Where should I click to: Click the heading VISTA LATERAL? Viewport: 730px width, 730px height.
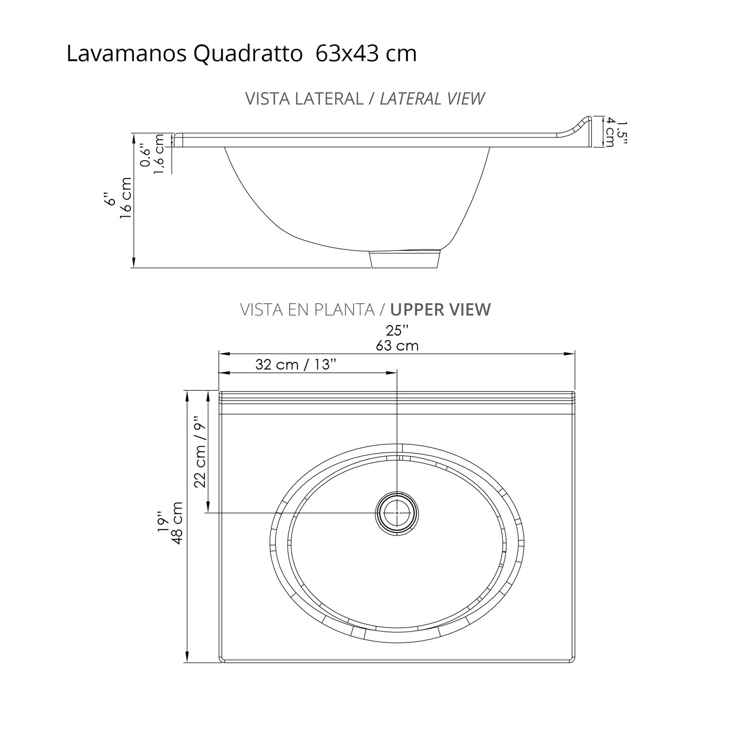pyautogui.click(x=304, y=99)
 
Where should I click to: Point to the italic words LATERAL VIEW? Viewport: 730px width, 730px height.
pyautogui.click(x=432, y=99)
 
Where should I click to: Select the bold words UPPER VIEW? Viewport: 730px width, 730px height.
pyautogui.click(x=440, y=310)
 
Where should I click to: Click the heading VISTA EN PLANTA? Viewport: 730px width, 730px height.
pyautogui.click(x=308, y=310)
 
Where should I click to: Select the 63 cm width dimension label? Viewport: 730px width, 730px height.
pyautogui.click(x=397, y=346)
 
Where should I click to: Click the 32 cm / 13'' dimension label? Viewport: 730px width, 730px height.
pyautogui.click(x=296, y=365)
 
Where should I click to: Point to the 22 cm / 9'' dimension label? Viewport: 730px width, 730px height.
pyautogui.click(x=201, y=451)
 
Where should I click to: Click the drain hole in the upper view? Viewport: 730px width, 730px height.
pyautogui.click(x=397, y=513)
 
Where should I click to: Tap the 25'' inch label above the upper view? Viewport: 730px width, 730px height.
pyautogui.click(x=397, y=331)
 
